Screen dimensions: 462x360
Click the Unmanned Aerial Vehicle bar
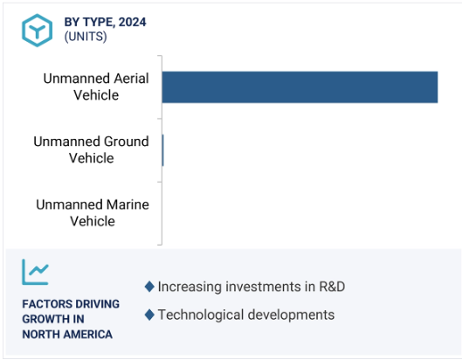tap(300, 87)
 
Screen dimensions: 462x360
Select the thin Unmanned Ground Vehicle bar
tap(163, 150)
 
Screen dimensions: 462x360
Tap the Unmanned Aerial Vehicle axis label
tap(96, 87)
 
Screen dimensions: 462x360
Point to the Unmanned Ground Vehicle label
tap(92, 149)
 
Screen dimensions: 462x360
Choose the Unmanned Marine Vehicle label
tap(93, 212)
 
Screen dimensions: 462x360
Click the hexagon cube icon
tap(38, 31)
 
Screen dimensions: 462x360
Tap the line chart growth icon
tap(35, 272)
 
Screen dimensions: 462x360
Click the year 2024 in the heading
tap(132, 22)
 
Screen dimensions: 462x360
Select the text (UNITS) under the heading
tap(86, 37)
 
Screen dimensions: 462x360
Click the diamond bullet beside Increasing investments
tap(149, 287)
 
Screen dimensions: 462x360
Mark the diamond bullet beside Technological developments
tap(149, 315)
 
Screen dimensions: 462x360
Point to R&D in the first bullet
tap(332, 287)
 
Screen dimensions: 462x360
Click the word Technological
tap(201, 315)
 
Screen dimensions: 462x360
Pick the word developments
tap(292, 315)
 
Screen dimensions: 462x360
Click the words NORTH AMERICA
tap(67, 335)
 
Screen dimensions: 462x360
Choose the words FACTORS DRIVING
tap(71, 304)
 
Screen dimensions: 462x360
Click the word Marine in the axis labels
tap(128, 204)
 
